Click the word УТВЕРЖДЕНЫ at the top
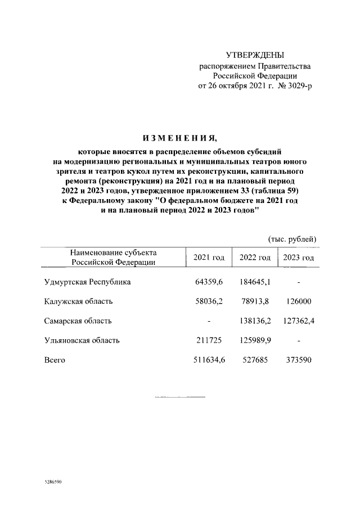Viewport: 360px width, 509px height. point(255,55)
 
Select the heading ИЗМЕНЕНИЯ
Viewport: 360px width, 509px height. point(179,138)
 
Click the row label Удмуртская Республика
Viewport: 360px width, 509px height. point(87,282)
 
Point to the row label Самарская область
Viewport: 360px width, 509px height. point(78,321)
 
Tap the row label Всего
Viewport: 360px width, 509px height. point(55,360)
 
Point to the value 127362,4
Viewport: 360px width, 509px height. point(298,321)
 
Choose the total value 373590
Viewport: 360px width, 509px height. point(298,360)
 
